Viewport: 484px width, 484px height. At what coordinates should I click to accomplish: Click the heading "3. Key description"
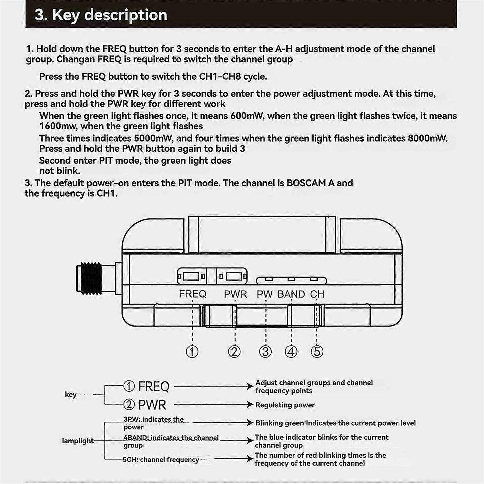point(101,15)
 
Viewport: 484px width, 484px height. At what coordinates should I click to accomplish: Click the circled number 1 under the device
point(192,351)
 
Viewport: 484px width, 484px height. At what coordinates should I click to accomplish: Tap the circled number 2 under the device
point(234,351)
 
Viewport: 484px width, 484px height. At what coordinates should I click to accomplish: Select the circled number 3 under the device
point(265,351)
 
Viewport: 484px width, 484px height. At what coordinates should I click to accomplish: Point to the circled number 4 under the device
point(291,351)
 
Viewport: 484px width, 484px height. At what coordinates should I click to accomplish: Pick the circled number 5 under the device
point(317,351)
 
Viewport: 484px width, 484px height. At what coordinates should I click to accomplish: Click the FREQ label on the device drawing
point(193,294)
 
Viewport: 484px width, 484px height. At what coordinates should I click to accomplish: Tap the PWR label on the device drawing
point(235,294)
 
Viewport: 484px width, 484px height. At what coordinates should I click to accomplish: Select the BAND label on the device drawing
point(291,294)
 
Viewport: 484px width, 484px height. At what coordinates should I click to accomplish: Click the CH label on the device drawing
point(317,294)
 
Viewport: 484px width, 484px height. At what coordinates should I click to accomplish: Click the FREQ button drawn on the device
point(191,276)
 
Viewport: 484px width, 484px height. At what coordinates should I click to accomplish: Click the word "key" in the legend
point(71,394)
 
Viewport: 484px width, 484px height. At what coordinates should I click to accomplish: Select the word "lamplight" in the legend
point(78,441)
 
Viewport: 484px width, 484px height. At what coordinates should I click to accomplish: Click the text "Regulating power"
point(285,405)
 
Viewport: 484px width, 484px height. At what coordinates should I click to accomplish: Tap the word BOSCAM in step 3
point(306,183)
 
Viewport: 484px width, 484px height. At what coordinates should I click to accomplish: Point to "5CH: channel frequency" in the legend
point(161,459)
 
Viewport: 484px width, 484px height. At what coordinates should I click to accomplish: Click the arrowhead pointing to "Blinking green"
point(250,423)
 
